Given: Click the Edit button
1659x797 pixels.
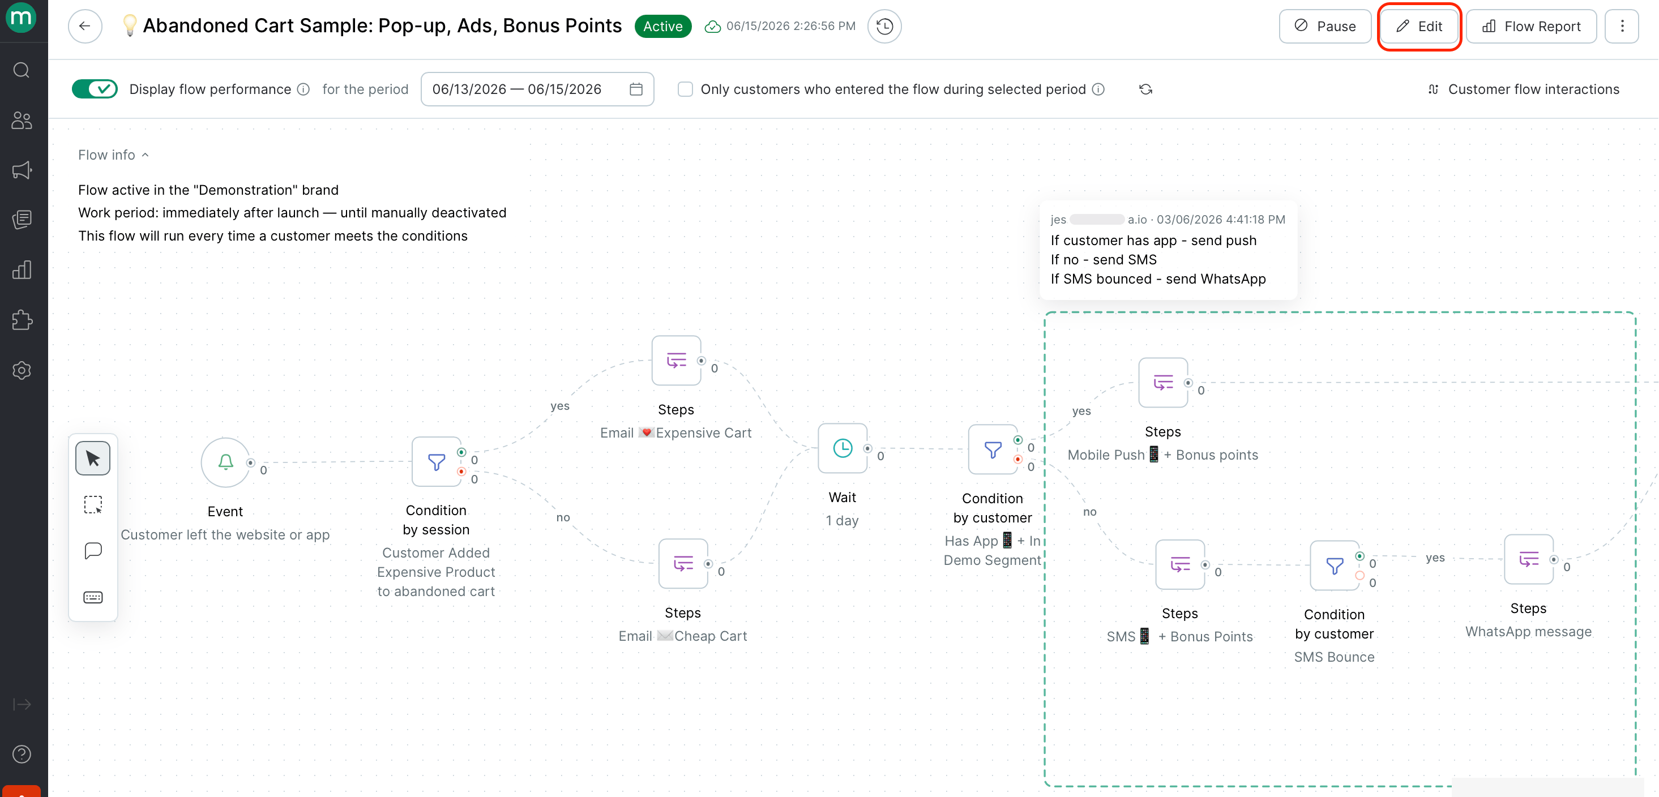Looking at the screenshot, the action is [x=1419, y=27].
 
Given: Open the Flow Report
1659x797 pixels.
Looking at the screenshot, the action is [x=1532, y=27].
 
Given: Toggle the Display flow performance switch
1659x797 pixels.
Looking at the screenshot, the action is [x=95, y=89].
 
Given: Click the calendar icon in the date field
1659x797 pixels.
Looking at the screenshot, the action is [x=636, y=89].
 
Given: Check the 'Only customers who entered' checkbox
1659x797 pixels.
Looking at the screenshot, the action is [x=685, y=89].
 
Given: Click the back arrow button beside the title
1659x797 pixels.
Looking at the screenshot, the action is [x=85, y=27].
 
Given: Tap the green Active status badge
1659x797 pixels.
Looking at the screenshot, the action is [x=662, y=27].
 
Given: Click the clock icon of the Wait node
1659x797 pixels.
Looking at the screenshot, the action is [x=843, y=448].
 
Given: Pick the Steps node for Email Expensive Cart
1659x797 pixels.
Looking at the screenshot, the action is [x=676, y=360].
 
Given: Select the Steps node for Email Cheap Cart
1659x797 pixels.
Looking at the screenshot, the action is [x=683, y=563].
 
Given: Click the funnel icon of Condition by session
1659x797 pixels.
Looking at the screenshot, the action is [x=436, y=461].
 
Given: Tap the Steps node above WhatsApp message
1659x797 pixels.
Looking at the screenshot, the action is [x=1528, y=559].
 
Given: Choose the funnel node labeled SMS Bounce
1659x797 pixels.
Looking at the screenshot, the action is [x=1335, y=565].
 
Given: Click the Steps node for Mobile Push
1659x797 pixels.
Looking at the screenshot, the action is [x=1162, y=383].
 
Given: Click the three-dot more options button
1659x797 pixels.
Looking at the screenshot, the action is [x=1622, y=27].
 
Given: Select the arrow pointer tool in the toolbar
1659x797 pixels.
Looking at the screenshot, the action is [x=93, y=459].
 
